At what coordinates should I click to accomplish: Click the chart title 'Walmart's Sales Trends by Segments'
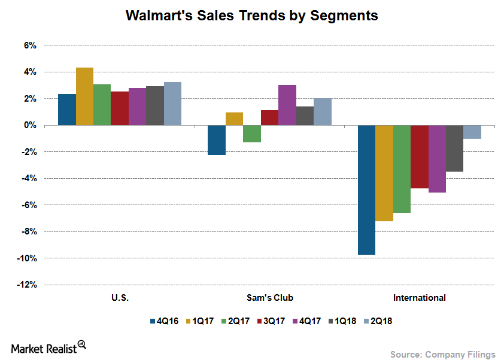[251, 16]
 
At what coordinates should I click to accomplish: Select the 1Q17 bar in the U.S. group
[84, 96]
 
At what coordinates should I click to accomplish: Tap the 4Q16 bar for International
[366, 190]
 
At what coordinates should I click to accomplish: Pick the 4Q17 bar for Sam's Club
[287, 105]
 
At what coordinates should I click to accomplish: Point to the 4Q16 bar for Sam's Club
[217, 140]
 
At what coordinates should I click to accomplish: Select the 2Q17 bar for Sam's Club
[252, 134]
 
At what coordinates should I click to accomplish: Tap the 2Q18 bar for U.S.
[172, 103]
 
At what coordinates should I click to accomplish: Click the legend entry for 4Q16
[163, 321]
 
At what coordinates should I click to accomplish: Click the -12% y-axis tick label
[26, 285]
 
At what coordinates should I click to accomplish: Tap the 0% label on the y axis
[30, 126]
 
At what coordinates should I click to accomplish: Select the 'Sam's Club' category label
[269, 297]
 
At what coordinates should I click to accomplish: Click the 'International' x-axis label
[419, 297]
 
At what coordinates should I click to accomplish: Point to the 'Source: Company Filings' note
[443, 355]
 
